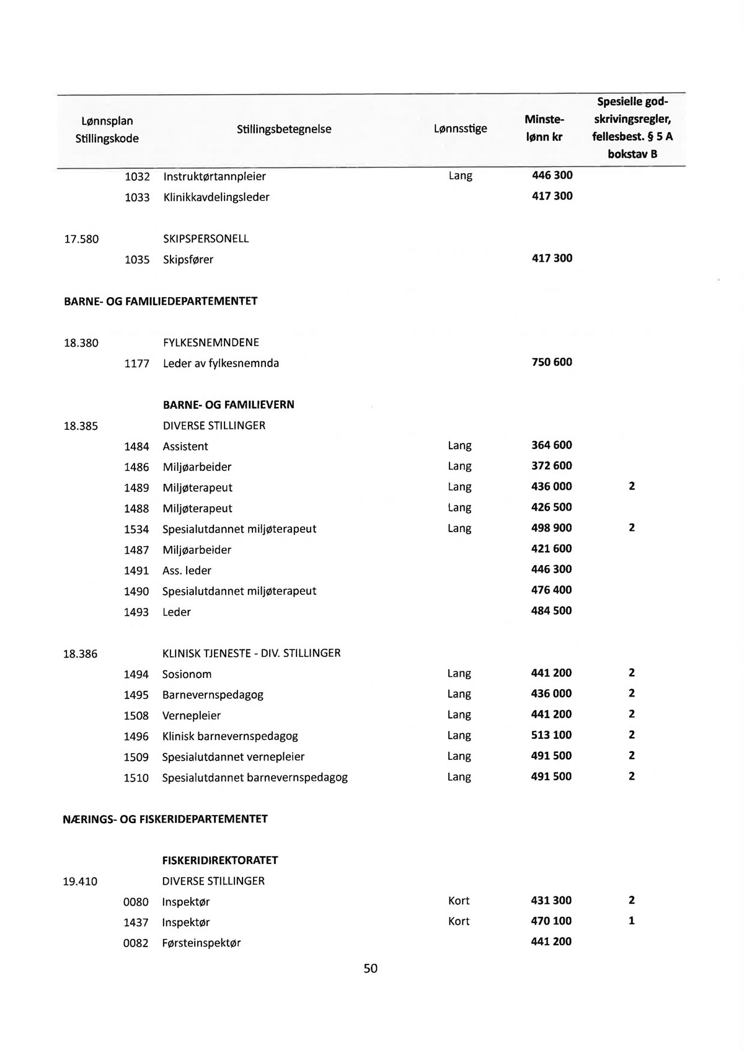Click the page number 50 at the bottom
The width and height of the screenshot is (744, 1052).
click(x=370, y=968)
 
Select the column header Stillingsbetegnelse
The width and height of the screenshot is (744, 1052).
click(x=284, y=129)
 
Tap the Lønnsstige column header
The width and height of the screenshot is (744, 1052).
click(x=460, y=128)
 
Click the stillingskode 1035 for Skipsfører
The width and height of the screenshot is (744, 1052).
click(x=137, y=259)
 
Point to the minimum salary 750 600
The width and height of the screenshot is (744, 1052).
click(x=552, y=362)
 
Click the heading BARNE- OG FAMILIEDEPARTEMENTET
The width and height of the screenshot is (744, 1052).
click(x=161, y=301)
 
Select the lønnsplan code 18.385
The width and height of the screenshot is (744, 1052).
click(x=81, y=426)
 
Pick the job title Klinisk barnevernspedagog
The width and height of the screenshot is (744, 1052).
click(x=230, y=736)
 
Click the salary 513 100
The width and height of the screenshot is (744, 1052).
click(x=551, y=735)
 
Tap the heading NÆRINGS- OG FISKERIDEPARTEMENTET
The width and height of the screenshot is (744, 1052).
click(x=166, y=819)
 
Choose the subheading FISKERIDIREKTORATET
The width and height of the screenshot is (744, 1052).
click(x=220, y=860)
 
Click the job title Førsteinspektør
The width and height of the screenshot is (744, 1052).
click(x=201, y=943)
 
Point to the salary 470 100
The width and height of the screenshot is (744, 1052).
click(x=551, y=921)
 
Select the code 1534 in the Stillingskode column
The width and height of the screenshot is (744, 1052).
click(x=136, y=529)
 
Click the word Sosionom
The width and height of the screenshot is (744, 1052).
click(x=187, y=674)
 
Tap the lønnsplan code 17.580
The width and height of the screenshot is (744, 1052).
click(x=81, y=239)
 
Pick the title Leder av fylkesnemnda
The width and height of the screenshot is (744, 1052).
click(x=221, y=363)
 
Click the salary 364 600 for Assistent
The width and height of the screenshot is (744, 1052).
click(x=551, y=445)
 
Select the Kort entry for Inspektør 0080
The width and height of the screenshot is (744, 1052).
click(x=459, y=901)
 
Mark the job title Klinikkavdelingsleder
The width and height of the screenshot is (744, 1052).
click(x=216, y=197)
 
